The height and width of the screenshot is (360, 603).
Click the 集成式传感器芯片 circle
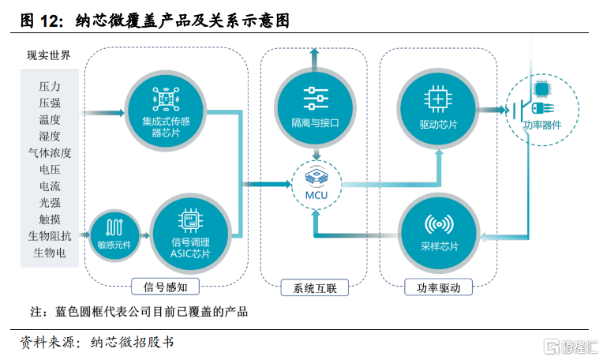(166, 111)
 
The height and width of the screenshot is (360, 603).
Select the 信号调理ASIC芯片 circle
(190, 234)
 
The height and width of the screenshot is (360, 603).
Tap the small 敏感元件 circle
(114, 235)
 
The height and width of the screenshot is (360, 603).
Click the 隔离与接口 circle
(315, 108)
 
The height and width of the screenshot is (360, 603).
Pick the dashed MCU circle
(316, 185)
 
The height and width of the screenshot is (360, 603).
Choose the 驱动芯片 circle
(438, 110)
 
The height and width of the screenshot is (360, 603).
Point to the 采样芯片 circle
(439, 234)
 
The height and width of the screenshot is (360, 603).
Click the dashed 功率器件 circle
(542, 110)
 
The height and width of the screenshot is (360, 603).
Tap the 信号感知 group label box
(166, 287)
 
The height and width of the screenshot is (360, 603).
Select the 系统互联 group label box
(315, 287)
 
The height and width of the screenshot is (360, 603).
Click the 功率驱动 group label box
(438, 287)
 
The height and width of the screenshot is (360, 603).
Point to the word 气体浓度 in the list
(50, 153)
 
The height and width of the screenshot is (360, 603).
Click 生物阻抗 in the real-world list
(50, 236)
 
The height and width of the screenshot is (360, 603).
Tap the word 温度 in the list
(50, 120)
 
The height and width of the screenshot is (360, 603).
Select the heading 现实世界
(49, 55)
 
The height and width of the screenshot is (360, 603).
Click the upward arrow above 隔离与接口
(315, 59)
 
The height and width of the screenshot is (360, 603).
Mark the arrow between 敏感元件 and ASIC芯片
(144, 235)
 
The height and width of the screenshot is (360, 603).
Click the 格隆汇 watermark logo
(571, 347)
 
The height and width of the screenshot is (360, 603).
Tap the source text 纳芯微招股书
(133, 342)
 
